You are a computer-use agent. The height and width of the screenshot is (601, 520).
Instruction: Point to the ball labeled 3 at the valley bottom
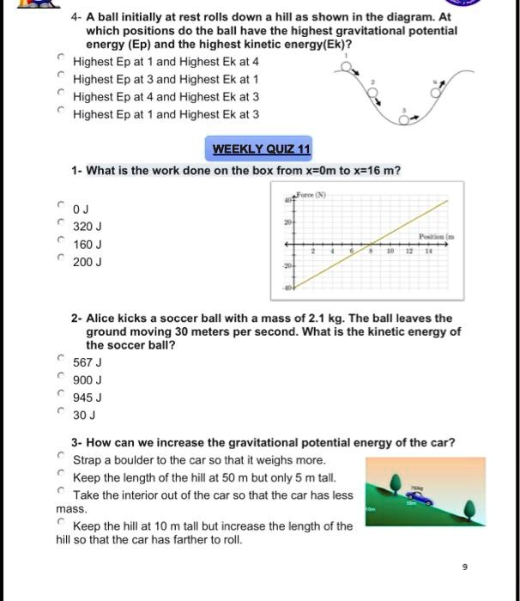(x=411, y=120)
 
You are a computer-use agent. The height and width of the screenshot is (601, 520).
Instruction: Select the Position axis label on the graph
(x=437, y=234)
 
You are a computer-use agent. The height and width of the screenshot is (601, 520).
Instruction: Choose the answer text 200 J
(x=88, y=262)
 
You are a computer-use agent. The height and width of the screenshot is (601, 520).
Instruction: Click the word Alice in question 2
(x=101, y=318)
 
